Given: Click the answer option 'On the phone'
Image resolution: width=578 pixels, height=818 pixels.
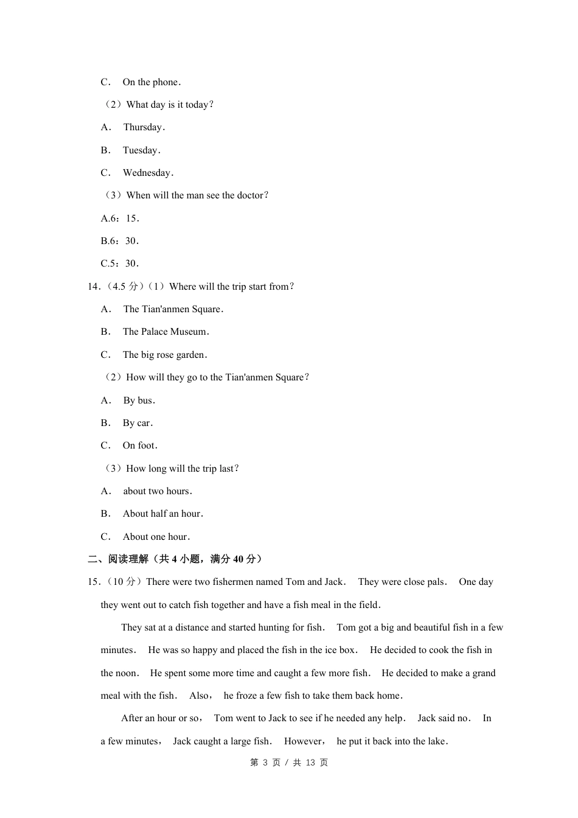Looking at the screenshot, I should click(151, 82).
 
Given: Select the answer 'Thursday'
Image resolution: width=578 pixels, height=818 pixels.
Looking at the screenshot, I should click(144, 127).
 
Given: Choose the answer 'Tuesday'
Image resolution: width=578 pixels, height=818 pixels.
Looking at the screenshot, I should click(141, 150).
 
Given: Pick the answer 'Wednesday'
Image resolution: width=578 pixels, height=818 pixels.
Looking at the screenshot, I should click(148, 173).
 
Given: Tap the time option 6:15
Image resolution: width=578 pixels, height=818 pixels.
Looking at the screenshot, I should click(120, 218).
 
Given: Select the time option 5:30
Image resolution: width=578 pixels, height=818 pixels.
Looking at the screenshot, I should click(120, 264).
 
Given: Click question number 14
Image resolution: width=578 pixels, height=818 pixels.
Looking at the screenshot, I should click(94, 287).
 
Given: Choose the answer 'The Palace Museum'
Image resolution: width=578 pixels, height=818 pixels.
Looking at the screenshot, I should click(165, 332).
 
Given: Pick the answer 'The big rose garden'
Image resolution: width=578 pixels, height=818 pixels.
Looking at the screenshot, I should click(164, 355).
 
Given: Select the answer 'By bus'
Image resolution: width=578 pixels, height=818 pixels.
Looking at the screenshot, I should click(139, 400).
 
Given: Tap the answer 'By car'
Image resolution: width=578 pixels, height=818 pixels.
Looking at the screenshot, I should click(138, 423).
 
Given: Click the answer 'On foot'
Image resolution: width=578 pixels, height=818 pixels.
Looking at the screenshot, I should click(140, 446).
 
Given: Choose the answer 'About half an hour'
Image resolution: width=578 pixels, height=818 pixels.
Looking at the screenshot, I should click(162, 514).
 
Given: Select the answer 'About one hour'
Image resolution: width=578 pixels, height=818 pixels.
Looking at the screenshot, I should click(156, 537).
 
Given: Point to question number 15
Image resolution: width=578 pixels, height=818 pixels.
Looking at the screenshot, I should click(94, 582).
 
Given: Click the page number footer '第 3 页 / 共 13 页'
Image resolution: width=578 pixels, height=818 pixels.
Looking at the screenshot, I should click(289, 763).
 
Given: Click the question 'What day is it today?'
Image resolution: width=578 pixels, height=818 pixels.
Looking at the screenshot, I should click(170, 105).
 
